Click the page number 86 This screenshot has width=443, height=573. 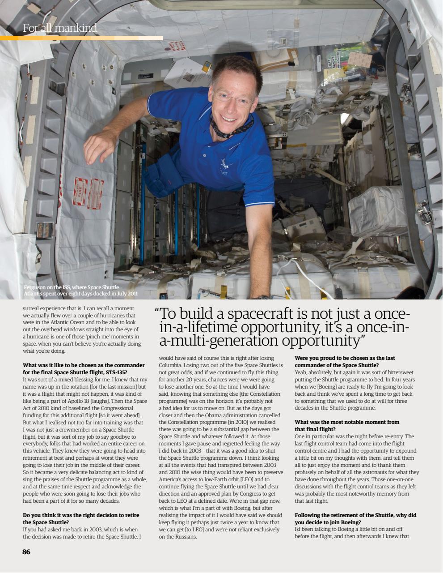pos(26,552)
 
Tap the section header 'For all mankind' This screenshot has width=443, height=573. pos(60,29)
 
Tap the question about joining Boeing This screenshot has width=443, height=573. pos(355,518)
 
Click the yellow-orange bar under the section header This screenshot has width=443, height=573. pos(81,38)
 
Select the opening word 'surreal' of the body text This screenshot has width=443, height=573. pos(32,308)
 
